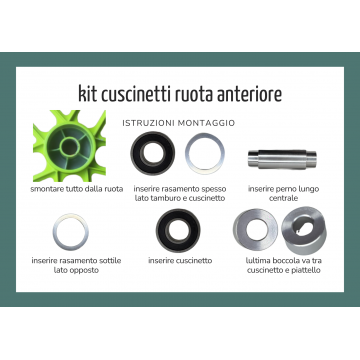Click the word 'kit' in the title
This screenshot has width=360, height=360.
[x=87, y=94]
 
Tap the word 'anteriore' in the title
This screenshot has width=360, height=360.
[x=249, y=94]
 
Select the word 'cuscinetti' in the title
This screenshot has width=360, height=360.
[x=136, y=94]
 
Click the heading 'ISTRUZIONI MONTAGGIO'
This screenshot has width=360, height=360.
[x=179, y=123]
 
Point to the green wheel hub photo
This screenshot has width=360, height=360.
[x=69, y=146]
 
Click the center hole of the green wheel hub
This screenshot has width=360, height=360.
[x=69, y=147]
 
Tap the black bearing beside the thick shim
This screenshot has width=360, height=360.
[x=153, y=153]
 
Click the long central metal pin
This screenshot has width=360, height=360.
[x=282, y=159]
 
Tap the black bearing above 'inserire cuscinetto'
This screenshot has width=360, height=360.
[x=178, y=230]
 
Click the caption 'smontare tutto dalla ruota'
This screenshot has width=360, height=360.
[x=77, y=189]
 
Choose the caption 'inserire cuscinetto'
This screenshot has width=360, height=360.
[x=180, y=260]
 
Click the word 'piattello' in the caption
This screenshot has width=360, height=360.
[x=305, y=270]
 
